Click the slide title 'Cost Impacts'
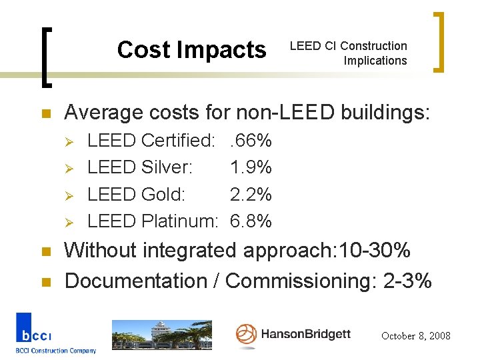[x=191, y=50]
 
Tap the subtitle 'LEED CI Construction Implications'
[x=348, y=53]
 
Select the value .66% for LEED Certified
[x=251, y=141]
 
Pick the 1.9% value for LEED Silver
[x=251, y=167]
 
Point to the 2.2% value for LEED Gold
[x=251, y=194]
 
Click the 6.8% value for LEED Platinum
[x=251, y=221]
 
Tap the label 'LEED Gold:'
[x=137, y=194]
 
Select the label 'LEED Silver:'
[x=140, y=167]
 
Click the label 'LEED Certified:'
[x=151, y=141]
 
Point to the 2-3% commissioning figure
[x=408, y=281]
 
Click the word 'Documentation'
[x=135, y=281]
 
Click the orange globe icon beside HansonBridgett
[x=246, y=334]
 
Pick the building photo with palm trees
[x=161, y=335]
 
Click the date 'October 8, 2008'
[x=415, y=336]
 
